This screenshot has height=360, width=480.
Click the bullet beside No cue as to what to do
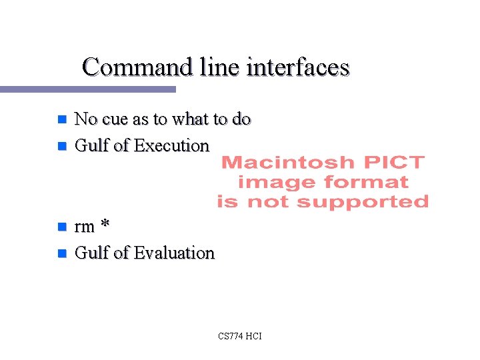[61, 120]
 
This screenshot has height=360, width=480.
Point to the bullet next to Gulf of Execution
[61, 145]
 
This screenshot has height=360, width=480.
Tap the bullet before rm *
[61, 227]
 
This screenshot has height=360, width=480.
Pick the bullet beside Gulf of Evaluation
[61, 253]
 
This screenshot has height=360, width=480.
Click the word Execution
[171, 145]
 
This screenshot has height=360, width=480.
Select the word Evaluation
[174, 253]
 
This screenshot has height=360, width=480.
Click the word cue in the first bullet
[114, 119]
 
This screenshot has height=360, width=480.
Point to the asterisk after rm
[104, 225]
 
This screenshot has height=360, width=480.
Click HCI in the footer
[254, 336]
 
